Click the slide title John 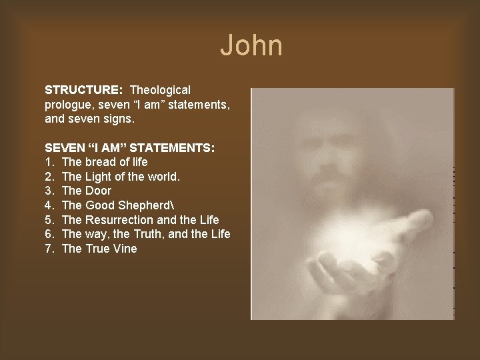(x=251, y=46)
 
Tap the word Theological (x=161, y=89)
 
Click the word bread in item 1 (x=99, y=162)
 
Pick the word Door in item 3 (x=99, y=191)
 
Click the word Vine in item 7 (x=125, y=249)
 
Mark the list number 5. (x=49, y=220)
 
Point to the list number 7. (x=49, y=249)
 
